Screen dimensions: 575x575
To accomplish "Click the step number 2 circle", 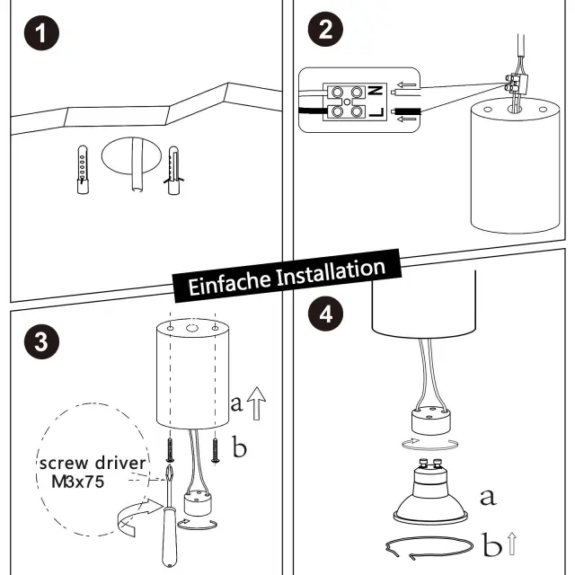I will coord(324,29).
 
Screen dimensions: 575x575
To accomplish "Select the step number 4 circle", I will coord(324,314).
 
